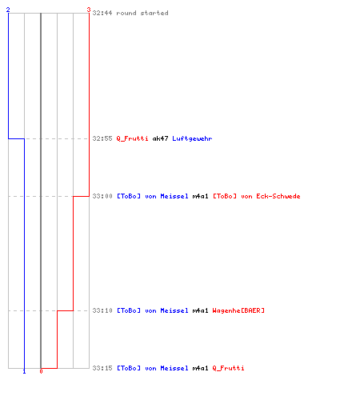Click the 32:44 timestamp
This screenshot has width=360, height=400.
(102, 13)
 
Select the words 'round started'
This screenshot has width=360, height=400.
(142, 13)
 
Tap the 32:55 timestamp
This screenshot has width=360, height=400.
(102, 138)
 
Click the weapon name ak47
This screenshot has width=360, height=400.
(160, 138)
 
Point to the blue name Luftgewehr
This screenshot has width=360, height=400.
(192, 138)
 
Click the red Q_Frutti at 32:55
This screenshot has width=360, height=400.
(132, 138)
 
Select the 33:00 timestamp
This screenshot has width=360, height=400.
(102, 196)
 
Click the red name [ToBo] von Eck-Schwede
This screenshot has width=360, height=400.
(257, 196)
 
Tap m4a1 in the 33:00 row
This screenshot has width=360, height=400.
(200, 196)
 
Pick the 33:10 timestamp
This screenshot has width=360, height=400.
(102, 310)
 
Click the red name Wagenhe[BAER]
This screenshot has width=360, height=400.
(238, 310)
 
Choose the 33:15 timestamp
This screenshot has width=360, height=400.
(102, 368)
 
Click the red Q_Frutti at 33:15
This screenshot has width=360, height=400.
(228, 368)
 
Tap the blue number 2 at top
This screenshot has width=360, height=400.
(8, 10)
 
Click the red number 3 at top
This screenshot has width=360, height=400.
(89, 10)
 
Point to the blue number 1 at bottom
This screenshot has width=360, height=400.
(24, 371)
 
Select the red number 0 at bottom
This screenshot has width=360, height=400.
(41, 371)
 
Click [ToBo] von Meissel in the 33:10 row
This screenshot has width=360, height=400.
(153, 310)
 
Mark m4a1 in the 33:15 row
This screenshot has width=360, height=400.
(200, 368)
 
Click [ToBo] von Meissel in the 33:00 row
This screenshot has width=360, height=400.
(153, 196)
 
